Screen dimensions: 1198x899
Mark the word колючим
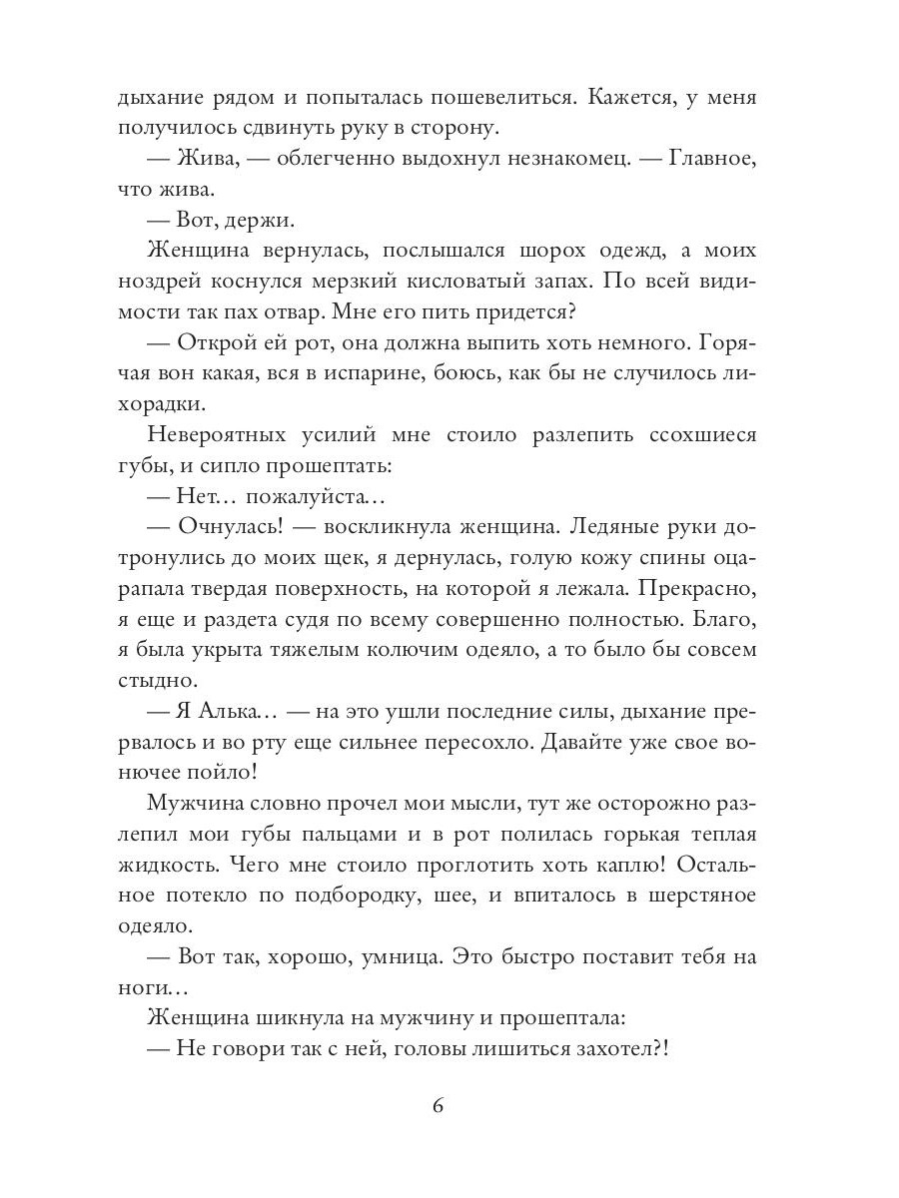(444, 650)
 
